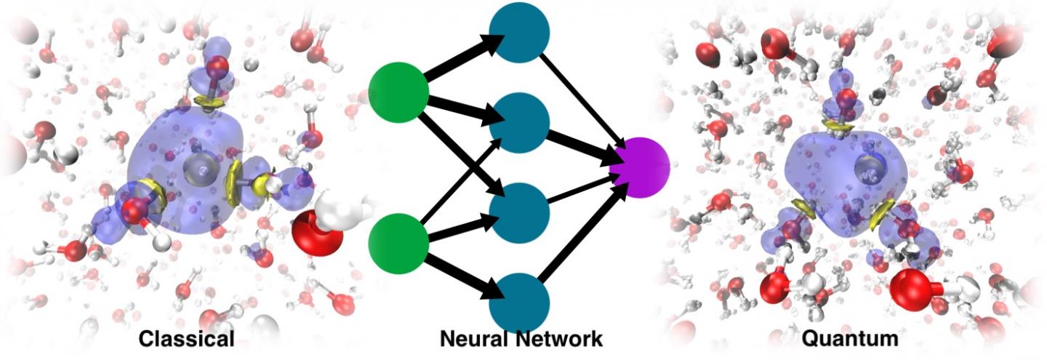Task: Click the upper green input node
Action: tap(398, 92)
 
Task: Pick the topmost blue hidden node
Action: tap(518, 33)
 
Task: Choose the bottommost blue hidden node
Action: tap(518, 302)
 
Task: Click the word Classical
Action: tap(187, 339)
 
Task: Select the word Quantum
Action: tap(850, 339)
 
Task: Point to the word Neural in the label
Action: tap(470, 339)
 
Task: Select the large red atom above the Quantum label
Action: tap(910, 289)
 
